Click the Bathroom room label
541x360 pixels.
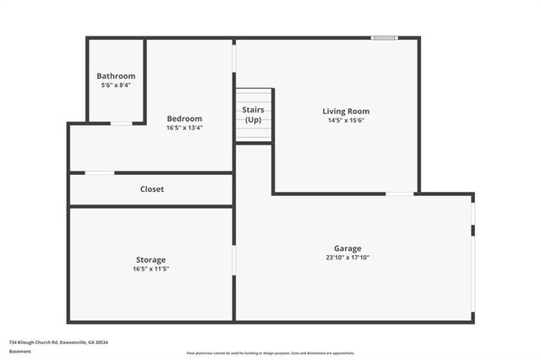tap(116, 76)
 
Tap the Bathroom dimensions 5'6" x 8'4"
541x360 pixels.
tap(116, 85)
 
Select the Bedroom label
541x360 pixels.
tap(184, 118)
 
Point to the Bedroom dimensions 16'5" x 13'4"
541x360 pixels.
tap(184, 128)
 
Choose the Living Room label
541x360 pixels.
tap(346, 111)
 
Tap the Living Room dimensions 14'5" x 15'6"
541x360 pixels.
tap(346, 120)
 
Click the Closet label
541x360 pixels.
tap(152, 189)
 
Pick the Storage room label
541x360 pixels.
tap(151, 259)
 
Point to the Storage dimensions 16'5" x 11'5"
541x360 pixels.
tap(151, 269)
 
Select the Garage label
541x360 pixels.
tap(347, 248)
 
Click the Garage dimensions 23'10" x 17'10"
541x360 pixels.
tap(347, 258)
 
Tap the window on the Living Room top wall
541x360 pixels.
tap(385, 37)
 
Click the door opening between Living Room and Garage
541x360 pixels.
tap(400, 194)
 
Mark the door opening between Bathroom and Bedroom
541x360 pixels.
tap(122, 123)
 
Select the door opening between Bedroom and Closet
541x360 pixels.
tap(100, 173)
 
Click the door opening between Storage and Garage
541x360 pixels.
tap(234, 259)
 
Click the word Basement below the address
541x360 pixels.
tap(19, 351)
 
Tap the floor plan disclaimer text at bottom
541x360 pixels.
tap(270, 353)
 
